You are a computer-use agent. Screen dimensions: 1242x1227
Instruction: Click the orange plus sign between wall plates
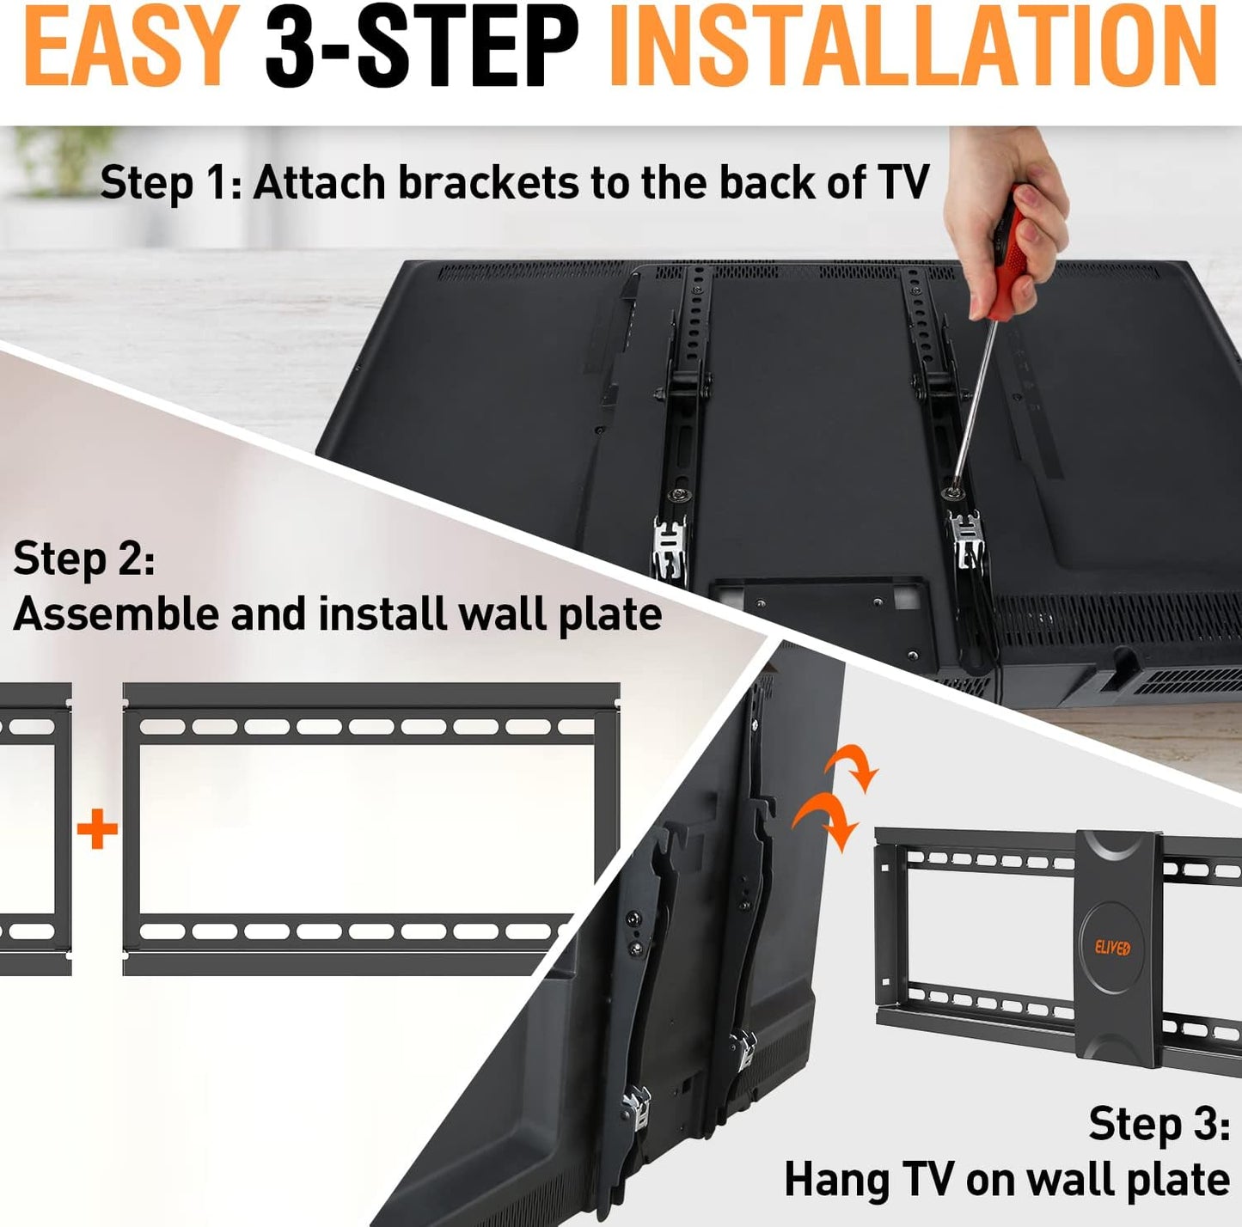click(x=97, y=828)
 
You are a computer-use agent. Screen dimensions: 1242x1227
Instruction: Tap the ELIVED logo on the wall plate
click(x=1112, y=947)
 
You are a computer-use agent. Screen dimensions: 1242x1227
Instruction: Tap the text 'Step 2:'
click(x=83, y=559)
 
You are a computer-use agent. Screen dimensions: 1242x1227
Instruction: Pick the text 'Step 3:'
click(x=1159, y=1125)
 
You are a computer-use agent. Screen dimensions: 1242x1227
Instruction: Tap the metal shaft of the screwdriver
click(x=972, y=406)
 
